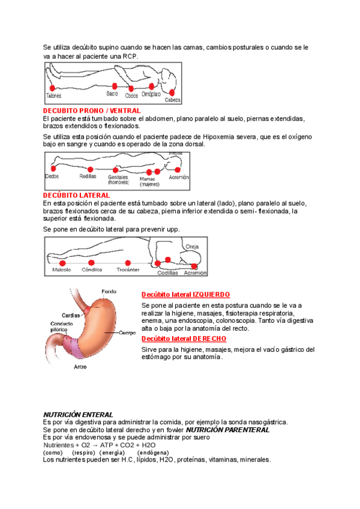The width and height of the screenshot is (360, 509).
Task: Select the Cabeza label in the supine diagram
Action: tap(173, 100)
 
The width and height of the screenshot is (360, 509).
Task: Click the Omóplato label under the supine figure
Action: tap(151, 94)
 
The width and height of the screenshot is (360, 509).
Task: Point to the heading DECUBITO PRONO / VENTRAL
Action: tap(92, 111)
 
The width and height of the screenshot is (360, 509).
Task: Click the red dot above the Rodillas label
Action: tap(90, 169)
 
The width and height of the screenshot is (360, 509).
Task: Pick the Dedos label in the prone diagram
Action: tap(52, 176)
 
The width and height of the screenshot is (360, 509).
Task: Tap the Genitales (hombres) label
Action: tap(118, 179)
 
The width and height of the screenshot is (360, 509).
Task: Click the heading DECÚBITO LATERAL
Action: tap(77, 195)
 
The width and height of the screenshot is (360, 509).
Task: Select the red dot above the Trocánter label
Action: tap(127, 262)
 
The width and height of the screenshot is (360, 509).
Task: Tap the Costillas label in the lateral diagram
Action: tap(167, 273)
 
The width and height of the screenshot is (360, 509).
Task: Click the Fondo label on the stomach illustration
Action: tap(109, 291)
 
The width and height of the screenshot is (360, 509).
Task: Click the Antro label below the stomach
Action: tap(80, 366)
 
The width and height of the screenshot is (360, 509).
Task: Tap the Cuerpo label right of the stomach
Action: tap(127, 333)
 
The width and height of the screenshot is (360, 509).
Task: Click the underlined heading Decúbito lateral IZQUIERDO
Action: tap(185, 295)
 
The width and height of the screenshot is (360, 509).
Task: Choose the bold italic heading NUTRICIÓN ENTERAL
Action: tap(79, 415)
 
